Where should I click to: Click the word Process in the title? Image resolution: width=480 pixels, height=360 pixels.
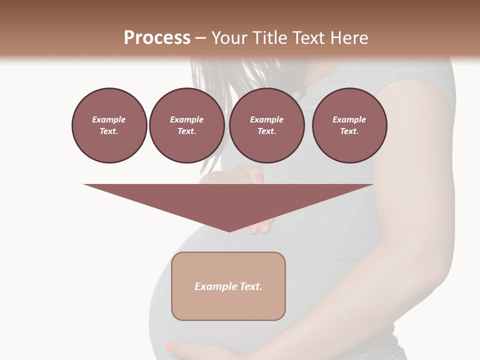click(x=157, y=38)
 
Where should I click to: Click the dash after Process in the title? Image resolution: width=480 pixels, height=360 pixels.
click(x=201, y=38)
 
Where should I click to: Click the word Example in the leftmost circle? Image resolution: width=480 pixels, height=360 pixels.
click(x=109, y=119)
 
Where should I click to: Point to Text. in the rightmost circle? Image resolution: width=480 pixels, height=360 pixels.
click(x=349, y=131)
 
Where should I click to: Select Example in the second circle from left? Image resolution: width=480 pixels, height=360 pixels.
click(x=186, y=119)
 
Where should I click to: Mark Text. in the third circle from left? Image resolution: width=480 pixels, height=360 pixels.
click(x=266, y=131)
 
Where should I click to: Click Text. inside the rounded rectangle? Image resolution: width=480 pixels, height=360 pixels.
click(x=250, y=286)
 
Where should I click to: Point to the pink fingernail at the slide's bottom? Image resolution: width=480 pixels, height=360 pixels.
click(x=170, y=345)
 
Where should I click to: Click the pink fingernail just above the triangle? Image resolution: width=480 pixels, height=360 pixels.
click(x=259, y=179)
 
